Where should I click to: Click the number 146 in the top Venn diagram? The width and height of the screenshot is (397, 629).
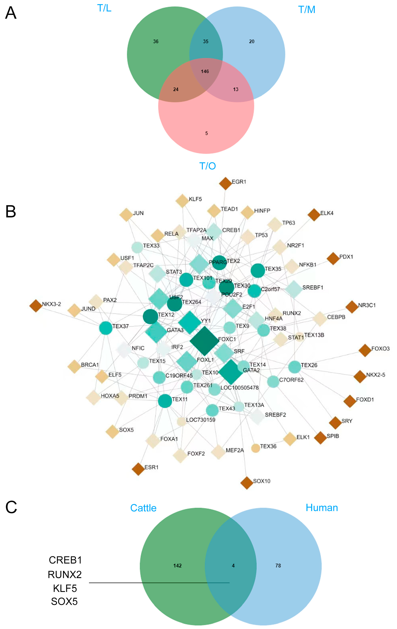[205, 71]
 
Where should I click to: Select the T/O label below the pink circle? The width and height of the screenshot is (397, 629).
[208, 166]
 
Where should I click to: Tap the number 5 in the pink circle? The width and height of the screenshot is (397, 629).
[206, 133]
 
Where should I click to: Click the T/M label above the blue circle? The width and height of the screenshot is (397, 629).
[307, 10]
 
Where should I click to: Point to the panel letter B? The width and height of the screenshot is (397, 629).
[11, 212]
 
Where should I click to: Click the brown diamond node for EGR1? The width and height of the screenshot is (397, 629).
[225, 183]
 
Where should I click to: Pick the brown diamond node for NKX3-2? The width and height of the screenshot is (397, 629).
[36, 306]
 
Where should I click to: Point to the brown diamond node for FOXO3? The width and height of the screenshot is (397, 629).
[365, 350]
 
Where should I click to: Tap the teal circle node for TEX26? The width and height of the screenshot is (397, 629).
[295, 367]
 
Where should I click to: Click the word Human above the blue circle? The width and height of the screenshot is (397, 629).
[322, 508]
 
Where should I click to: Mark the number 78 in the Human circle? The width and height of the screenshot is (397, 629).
[278, 566]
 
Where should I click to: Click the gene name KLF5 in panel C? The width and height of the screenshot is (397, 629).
[65, 588]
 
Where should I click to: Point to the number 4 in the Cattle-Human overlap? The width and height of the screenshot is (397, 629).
[233, 566]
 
